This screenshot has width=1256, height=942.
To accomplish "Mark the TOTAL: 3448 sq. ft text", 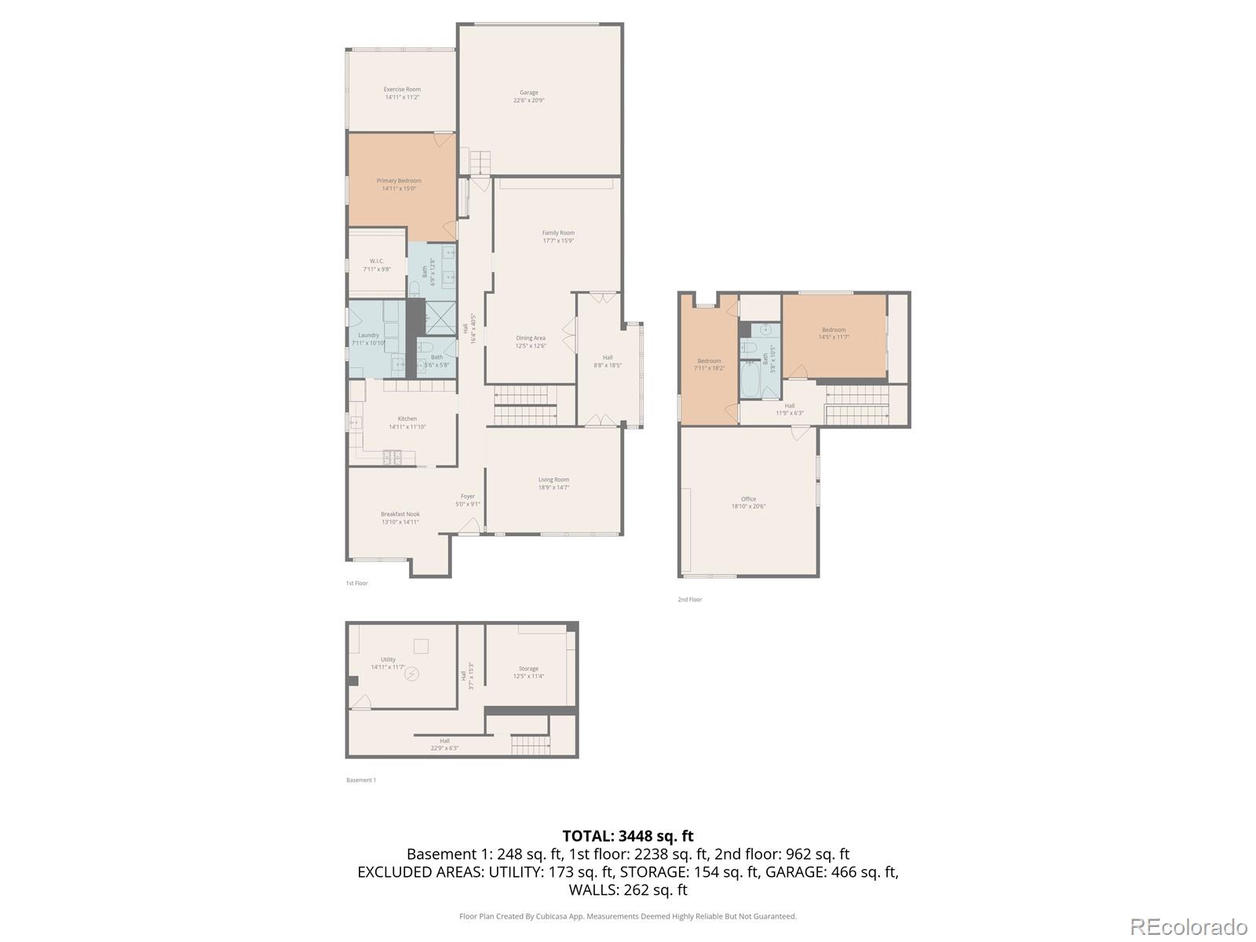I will (628, 836).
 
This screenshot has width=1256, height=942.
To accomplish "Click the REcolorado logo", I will (1188, 927).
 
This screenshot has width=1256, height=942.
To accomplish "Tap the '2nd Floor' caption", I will (690, 600).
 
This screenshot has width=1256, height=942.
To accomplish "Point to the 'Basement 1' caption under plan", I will (361, 780).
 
